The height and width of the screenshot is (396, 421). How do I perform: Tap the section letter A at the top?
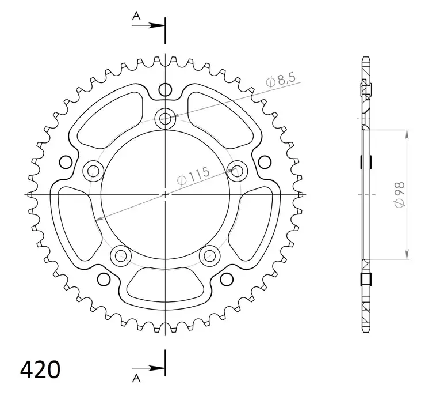[136, 17]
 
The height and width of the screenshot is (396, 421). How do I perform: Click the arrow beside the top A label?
[154, 25]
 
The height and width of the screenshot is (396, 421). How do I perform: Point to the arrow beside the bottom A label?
[154, 366]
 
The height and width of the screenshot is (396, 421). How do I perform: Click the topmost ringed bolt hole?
[166, 119]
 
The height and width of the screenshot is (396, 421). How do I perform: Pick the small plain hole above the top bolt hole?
[166, 89]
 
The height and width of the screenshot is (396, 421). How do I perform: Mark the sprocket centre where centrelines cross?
[166, 194]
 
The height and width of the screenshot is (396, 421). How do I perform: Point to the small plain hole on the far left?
[66, 161]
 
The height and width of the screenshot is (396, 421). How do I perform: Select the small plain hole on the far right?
[265, 161]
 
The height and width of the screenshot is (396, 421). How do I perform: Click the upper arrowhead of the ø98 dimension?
[407, 133]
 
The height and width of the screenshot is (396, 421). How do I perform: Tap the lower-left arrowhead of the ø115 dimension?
[99, 218]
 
